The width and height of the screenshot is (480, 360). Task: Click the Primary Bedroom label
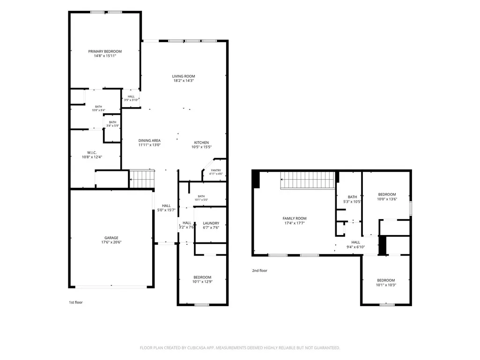(x=105, y=51)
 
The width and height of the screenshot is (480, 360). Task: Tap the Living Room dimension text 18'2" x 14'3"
(x=184, y=81)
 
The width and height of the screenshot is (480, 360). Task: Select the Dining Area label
(x=149, y=140)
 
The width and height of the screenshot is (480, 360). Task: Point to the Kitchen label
(x=201, y=143)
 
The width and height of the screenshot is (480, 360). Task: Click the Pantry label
(x=216, y=170)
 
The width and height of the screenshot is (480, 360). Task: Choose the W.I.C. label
(x=92, y=153)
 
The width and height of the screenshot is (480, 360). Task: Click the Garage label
(x=111, y=238)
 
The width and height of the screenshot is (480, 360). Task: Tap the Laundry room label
(x=211, y=223)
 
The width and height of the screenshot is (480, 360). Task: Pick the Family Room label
(x=295, y=219)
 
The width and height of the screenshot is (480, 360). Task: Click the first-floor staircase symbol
(x=142, y=178)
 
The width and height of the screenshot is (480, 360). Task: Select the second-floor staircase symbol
(x=308, y=180)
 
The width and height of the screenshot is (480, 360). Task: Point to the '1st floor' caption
(x=75, y=302)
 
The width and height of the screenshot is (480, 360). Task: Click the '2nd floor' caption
(x=259, y=271)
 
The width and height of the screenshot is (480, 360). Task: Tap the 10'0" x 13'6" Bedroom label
(x=387, y=194)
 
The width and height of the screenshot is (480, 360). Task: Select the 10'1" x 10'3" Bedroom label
(x=386, y=280)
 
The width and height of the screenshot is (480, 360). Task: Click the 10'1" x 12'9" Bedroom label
(x=202, y=277)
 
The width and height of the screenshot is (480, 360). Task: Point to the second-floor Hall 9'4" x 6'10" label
(x=356, y=242)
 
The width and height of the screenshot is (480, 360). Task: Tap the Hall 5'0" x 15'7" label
(x=167, y=206)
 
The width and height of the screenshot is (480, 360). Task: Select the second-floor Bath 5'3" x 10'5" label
(x=352, y=197)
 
